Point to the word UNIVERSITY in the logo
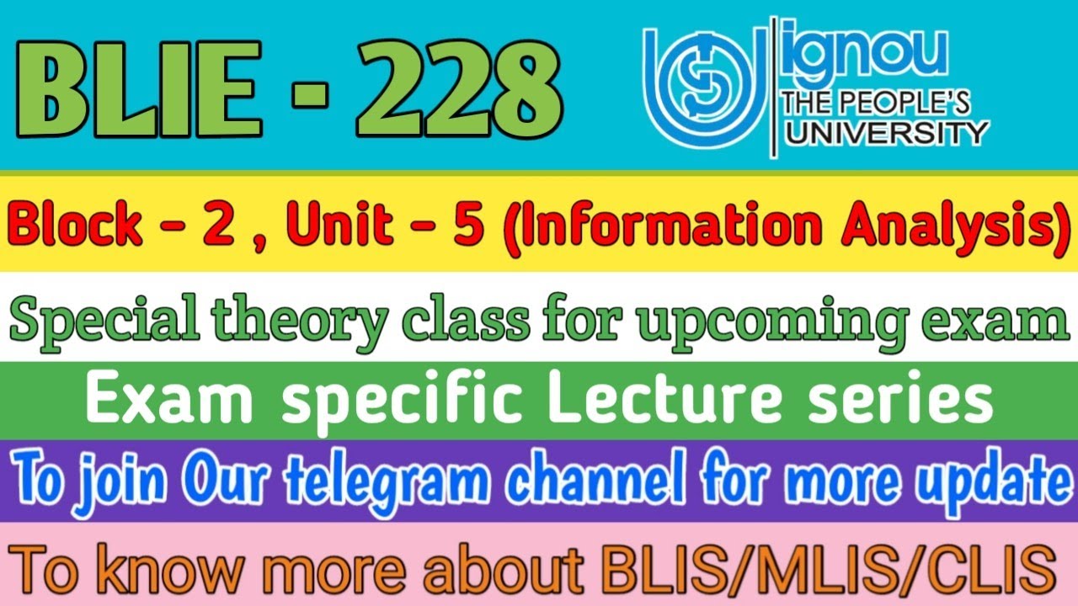coord(885,132)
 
